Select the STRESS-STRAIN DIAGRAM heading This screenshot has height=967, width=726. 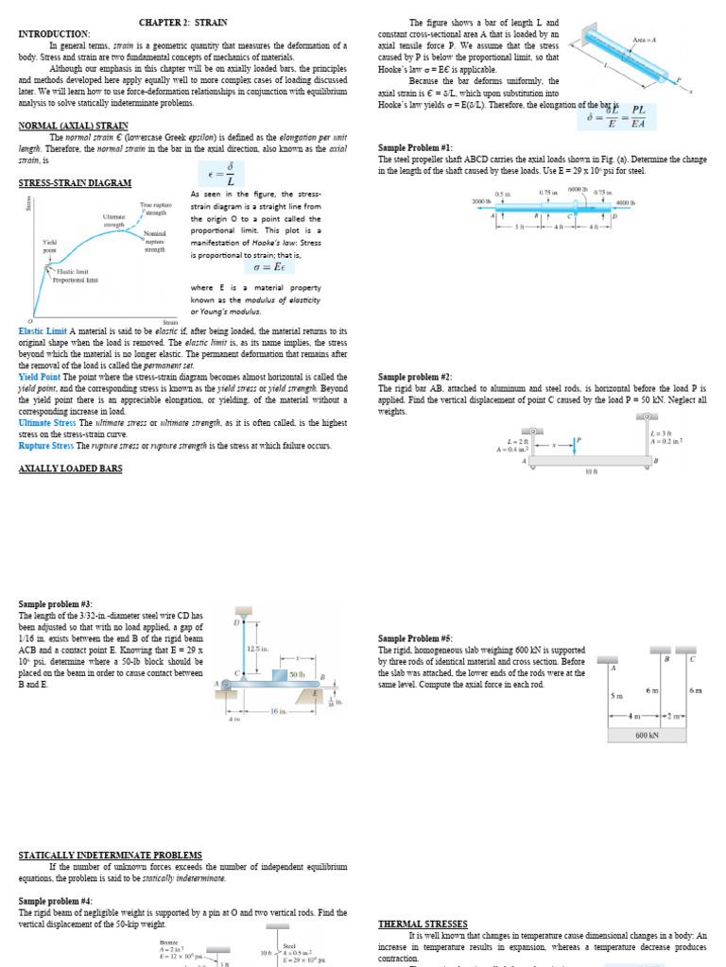pos(75,182)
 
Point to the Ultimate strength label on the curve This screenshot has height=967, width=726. pos(113,220)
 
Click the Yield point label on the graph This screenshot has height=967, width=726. pos(49,246)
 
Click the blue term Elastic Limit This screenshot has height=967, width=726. pos(42,331)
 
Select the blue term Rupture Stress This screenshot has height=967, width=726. pos(46,445)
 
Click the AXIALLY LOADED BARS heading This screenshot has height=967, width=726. pos(70,468)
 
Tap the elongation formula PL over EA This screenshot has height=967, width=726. pos(638,116)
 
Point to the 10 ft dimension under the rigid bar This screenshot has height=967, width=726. pos(591,470)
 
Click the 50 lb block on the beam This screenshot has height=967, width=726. pos(295,674)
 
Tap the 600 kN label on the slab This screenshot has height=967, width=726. pos(647,734)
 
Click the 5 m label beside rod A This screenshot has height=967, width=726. pos(615,695)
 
